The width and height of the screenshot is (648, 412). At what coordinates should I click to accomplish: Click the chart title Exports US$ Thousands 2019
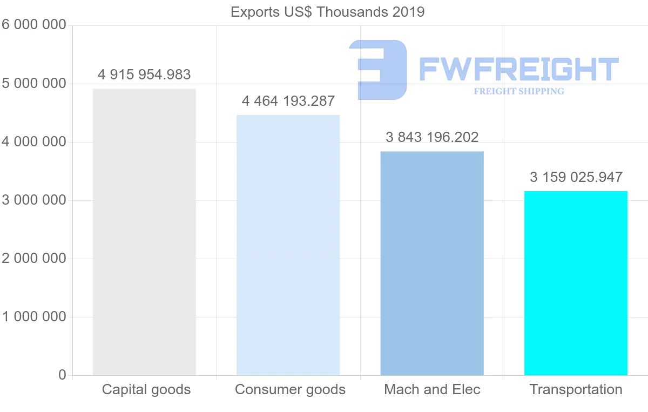tap(327, 12)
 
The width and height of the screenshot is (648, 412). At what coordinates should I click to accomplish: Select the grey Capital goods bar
tap(144, 232)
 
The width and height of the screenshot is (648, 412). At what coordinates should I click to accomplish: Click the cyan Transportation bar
tap(576, 283)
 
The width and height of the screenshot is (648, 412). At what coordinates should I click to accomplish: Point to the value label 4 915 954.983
tap(144, 75)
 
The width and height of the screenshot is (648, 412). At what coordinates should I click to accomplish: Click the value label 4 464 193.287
tap(288, 101)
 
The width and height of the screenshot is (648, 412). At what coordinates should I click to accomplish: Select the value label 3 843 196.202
tap(432, 137)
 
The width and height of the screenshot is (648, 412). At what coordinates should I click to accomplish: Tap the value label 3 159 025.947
tap(576, 177)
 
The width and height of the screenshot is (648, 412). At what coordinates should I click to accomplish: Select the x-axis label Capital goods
tap(146, 389)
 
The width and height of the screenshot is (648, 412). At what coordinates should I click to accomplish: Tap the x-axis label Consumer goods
tap(291, 389)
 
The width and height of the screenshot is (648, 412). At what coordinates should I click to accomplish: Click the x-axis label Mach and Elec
tap(432, 389)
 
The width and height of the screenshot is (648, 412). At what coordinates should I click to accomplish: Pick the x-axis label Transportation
tap(576, 389)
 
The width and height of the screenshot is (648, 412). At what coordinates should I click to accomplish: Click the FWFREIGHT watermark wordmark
tap(518, 69)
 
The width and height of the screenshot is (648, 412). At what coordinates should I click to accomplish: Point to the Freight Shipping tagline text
tap(519, 91)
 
